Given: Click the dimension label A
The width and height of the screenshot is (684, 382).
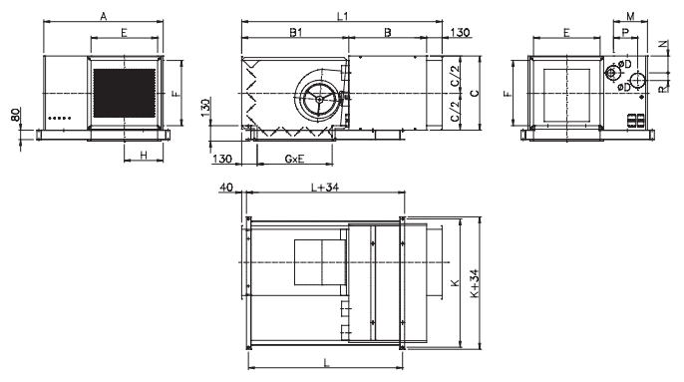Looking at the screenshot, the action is [x=104, y=17].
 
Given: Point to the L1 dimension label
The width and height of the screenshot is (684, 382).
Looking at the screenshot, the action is [x=343, y=17].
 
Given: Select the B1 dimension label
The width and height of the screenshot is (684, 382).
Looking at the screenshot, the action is [x=296, y=32].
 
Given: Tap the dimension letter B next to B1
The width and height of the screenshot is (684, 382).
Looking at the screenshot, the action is [x=388, y=32].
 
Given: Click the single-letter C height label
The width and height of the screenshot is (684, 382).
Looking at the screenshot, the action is [x=475, y=93].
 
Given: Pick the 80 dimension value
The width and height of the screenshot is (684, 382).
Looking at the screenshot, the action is [x=15, y=115].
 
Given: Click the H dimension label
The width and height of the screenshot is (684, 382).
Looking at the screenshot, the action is [x=144, y=155].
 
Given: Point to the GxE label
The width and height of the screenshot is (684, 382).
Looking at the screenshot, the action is [x=294, y=159].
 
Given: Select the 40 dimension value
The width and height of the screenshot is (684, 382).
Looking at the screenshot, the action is [x=226, y=188].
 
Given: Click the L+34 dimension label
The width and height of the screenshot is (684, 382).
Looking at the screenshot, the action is [x=325, y=188].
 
